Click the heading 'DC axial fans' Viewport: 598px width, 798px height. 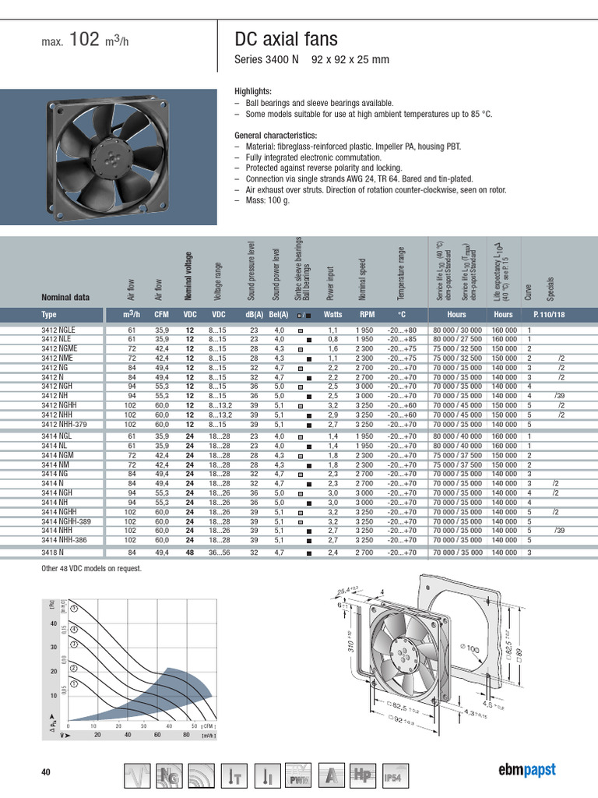point(286,40)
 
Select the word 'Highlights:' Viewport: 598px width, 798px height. point(253,91)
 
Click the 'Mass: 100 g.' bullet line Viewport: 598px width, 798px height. point(264,200)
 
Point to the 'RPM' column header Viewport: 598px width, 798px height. point(367,315)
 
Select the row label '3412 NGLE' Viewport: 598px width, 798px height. point(58,330)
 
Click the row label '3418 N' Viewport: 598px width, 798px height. point(53,553)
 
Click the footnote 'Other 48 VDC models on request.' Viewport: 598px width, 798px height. point(91,569)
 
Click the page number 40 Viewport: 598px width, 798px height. point(45,772)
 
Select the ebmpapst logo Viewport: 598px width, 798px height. point(527,770)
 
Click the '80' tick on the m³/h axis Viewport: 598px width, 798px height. point(186,734)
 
